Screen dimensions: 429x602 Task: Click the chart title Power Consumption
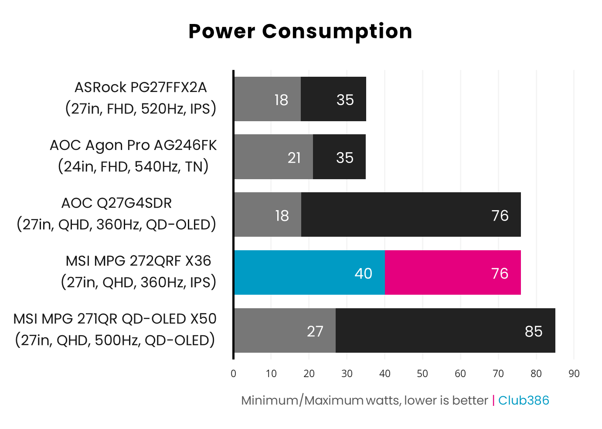click(300, 31)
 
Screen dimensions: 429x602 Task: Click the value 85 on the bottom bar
click(533, 331)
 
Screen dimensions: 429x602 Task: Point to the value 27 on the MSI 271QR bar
click(315, 331)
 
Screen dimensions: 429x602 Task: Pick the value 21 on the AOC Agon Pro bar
click(294, 157)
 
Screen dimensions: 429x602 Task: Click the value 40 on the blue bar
click(363, 273)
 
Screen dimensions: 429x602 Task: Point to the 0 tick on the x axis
click(233, 374)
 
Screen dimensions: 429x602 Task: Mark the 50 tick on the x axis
click(422, 374)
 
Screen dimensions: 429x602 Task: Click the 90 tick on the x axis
click(574, 374)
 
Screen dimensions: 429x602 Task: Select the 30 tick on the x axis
click(347, 374)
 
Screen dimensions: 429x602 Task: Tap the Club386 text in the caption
click(523, 400)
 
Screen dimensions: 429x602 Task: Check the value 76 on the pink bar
click(500, 273)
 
